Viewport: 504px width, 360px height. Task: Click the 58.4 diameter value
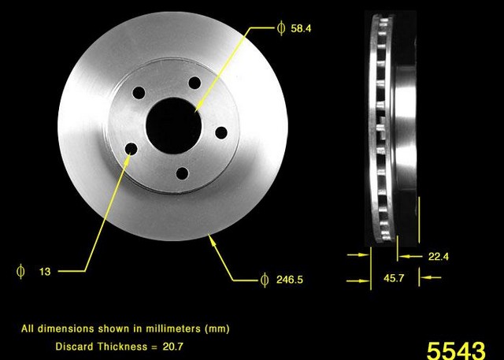point(301,28)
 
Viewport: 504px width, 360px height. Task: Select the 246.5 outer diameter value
point(290,280)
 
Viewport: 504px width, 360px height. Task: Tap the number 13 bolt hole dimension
point(45,272)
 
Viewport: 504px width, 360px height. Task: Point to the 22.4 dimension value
point(439,257)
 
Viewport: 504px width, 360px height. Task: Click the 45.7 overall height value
point(394,278)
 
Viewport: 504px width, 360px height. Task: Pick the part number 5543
point(456,351)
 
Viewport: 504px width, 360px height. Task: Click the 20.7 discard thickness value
point(173,347)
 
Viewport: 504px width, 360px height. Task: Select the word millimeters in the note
point(173,328)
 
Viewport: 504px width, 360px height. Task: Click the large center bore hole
point(173,125)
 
